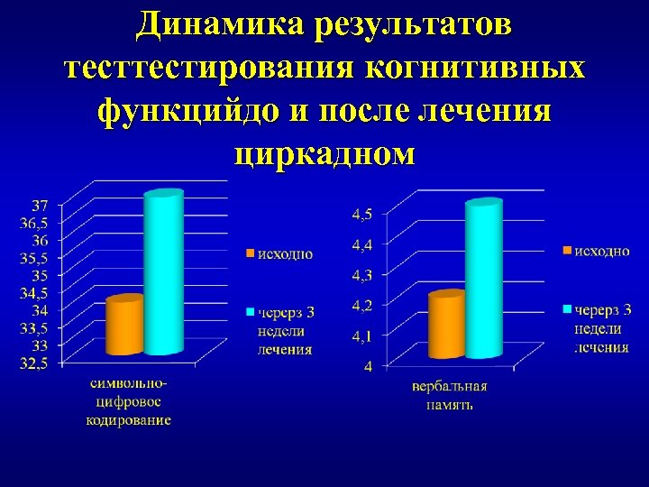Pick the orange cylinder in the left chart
pos(124,326)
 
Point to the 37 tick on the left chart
pos(41,205)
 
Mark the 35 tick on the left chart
pos(41,275)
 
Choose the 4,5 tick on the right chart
pos(364,214)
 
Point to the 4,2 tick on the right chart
pos(364,305)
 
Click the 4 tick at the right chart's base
pos(370,365)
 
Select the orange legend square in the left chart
pos(251,254)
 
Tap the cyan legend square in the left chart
pos(251,313)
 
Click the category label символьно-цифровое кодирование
pos(129,401)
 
